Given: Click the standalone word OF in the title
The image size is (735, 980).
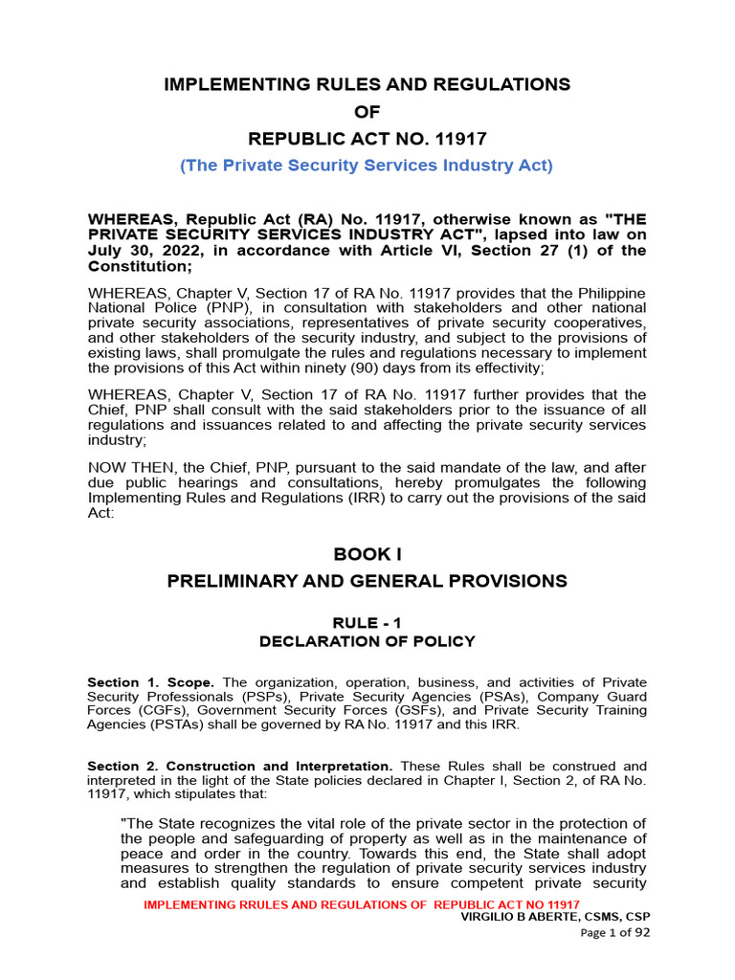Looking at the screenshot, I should [367, 112].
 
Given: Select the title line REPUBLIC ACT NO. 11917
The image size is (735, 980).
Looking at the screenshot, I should [367, 139].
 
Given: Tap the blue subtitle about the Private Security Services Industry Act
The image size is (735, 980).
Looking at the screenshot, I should [367, 166].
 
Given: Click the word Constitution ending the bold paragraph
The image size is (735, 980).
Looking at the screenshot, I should [140, 267].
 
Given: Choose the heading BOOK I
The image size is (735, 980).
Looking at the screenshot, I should [367, 554].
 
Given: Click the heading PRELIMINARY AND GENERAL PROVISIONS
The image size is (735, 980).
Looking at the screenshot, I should [367, 581].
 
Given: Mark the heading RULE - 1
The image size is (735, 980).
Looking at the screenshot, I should [367, 622].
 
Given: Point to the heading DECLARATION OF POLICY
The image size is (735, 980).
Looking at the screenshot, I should [367, 641].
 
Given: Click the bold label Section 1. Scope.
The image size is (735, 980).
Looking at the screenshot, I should [144, 683].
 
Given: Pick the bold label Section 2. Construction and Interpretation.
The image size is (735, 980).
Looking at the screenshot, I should [239, 767].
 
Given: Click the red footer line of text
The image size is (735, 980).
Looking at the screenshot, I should [361, 905].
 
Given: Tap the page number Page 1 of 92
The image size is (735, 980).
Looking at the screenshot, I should [615, 934].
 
